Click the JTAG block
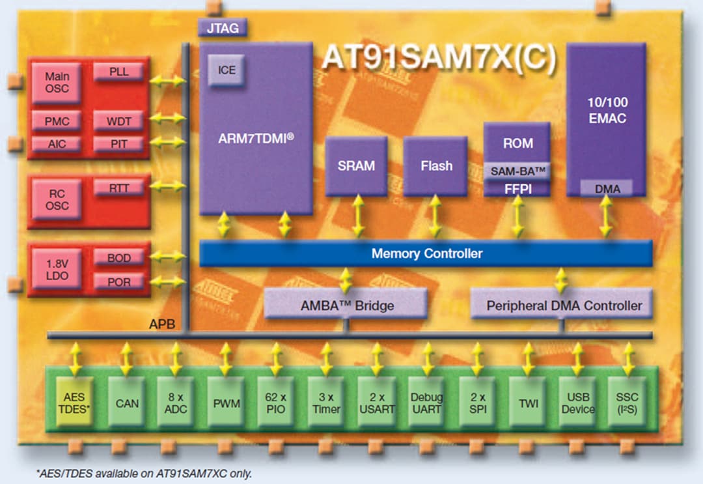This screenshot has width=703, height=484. [222, 28]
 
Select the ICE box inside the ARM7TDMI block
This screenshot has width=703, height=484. [226, 70]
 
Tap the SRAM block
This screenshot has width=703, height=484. [356, 165]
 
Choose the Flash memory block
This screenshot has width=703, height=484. [435, 165]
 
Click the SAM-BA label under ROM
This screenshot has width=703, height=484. [517, 171]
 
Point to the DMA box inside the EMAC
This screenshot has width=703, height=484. [607, 188]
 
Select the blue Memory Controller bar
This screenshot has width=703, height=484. [426, 253]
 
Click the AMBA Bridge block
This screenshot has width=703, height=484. [346, 305]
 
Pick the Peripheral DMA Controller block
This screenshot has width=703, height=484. [564, 305]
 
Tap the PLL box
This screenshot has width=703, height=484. [120, 72]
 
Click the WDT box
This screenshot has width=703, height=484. [120, 121]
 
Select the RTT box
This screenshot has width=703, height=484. [120, 188]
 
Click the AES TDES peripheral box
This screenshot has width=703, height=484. [74, 403]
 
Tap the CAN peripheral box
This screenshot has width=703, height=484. [126, 403]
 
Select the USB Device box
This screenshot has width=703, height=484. [577, 403]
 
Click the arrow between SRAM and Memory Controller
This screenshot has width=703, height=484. [357, 217]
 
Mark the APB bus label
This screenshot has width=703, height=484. [161, 324]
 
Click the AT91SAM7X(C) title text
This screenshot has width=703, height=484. [439, 59]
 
